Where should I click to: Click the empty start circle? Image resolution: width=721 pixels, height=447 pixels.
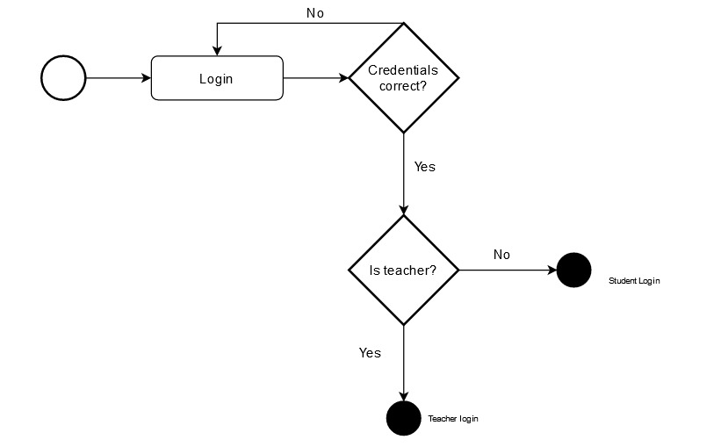63,78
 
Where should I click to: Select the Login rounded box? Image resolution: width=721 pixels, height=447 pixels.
217,78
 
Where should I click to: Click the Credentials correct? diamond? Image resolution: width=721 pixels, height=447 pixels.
403,78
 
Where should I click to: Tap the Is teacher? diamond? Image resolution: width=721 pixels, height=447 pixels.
403,270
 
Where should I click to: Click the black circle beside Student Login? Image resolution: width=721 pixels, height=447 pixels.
574,270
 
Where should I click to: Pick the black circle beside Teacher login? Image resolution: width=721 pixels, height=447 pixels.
403,418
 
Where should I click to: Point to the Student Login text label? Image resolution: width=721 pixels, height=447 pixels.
634,281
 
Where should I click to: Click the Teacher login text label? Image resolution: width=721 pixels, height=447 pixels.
453,419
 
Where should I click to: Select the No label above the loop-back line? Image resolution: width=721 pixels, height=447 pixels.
314,13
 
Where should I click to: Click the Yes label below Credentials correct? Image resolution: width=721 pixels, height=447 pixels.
424,166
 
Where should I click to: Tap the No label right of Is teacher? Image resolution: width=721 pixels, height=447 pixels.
501,255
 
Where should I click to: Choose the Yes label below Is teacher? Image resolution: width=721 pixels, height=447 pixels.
370,352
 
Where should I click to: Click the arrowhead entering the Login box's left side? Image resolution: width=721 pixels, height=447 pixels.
147,78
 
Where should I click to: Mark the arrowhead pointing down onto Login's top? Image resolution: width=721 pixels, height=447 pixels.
217,51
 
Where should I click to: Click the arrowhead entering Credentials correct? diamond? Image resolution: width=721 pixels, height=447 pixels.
343,78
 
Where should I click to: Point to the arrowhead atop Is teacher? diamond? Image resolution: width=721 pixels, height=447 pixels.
403,210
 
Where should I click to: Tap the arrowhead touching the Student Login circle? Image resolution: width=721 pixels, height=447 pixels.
552,270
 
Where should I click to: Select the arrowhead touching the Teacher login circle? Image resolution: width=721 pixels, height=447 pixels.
403,395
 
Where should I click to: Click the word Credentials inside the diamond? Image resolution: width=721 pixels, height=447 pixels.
402,70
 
